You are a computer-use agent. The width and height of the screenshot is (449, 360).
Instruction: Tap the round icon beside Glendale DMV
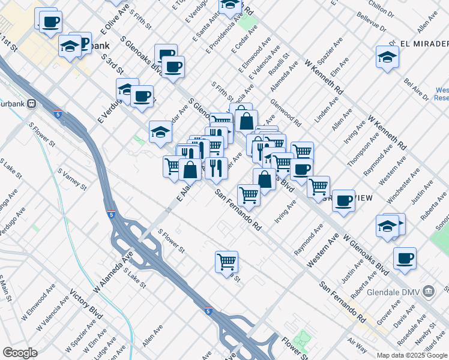click(429, 292)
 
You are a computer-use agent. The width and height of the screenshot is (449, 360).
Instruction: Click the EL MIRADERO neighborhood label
click(423, 44)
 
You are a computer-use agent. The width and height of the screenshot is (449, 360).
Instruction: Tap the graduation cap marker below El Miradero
click(388, 58)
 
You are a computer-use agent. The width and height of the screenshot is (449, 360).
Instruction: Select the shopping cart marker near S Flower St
click(227, 262)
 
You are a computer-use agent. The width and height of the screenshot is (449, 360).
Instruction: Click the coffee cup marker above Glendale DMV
click(405, 259)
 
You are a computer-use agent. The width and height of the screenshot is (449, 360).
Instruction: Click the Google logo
click(20, 353)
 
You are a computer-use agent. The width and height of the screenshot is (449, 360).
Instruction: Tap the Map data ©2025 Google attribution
click(411, 355)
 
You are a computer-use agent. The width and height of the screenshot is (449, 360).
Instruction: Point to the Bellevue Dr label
click(378, 23)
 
